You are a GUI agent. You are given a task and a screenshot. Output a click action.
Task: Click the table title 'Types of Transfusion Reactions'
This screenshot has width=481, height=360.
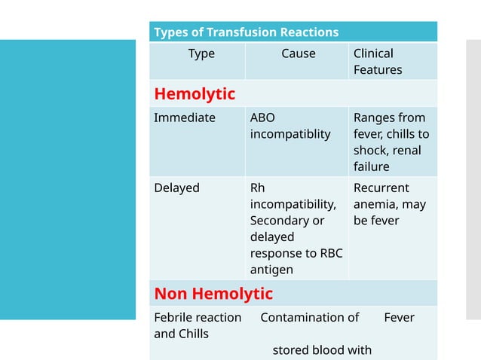click(246, 32)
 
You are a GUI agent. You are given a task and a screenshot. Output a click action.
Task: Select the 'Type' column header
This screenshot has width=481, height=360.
click(201, 53)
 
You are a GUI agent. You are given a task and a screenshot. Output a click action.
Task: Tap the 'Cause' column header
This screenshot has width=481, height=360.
click(299, 53)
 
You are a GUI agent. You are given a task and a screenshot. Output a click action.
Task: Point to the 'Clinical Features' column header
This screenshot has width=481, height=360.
click(377, 62)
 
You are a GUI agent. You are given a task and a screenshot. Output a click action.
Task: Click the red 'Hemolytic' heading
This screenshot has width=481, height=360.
click(195, 94)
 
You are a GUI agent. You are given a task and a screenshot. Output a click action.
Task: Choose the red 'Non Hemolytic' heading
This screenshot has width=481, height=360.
click(213, 293)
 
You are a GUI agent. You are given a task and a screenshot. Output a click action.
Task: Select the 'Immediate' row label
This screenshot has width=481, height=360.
click(185, 117)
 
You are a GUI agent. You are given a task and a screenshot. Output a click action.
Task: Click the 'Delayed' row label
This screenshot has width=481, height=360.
click(176, 188)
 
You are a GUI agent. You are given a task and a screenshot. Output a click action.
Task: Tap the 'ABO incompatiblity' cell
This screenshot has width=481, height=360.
click(290, 126)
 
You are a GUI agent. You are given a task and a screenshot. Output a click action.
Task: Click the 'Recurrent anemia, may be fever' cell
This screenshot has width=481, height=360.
click(389, 204)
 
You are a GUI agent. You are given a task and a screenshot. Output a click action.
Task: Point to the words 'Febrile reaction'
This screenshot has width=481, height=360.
click(198, 317)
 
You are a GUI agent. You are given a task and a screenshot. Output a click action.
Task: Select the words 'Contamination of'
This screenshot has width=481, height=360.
click(309, 317)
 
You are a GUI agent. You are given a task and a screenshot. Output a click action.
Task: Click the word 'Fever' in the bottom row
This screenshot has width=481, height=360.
click(399, 317)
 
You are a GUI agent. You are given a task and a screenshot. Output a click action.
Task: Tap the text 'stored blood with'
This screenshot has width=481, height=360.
click(322, 349)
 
